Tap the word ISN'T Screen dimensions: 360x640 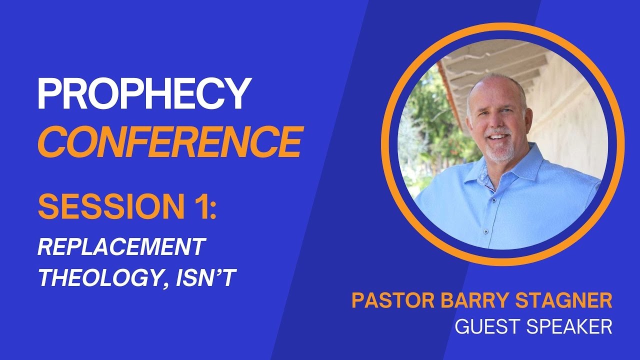coord(205,276)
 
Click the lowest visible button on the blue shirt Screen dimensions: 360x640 coord(485,231)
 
